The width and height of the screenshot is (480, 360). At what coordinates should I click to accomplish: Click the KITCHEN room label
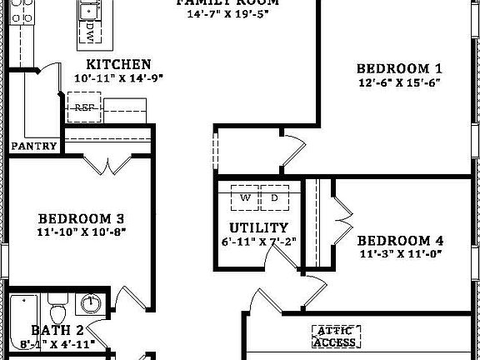point(118,64)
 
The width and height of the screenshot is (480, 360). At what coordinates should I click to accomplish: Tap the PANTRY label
point(34,147)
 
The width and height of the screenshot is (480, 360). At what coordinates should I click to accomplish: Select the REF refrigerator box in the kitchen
point(84,107)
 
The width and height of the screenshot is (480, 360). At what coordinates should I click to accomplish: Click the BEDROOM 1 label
point(399,68)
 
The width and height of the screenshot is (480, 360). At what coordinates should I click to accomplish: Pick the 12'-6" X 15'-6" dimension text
point(398,82)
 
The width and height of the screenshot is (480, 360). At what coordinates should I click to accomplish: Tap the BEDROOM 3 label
point(81,216)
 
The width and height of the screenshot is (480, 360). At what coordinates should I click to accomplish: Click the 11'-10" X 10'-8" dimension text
point(81,230)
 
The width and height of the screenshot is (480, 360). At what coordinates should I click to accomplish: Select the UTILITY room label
point(259,227)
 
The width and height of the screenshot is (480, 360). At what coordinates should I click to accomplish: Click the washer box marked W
point(245,198)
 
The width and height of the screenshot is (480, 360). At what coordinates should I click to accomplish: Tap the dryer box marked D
point(273,198)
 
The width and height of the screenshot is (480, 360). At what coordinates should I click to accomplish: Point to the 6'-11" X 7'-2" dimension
point(259,242)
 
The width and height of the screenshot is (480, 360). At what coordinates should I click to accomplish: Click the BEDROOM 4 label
point(400,241)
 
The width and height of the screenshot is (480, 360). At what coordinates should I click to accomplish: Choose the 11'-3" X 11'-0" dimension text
point(400,254)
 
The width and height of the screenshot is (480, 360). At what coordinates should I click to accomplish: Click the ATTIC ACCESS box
point(337,336)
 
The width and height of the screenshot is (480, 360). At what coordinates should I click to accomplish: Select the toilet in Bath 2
point(57,311)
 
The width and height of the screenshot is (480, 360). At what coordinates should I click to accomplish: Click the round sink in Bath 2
point(94,303)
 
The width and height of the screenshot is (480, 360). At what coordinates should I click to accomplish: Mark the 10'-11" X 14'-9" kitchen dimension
point(118,78)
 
